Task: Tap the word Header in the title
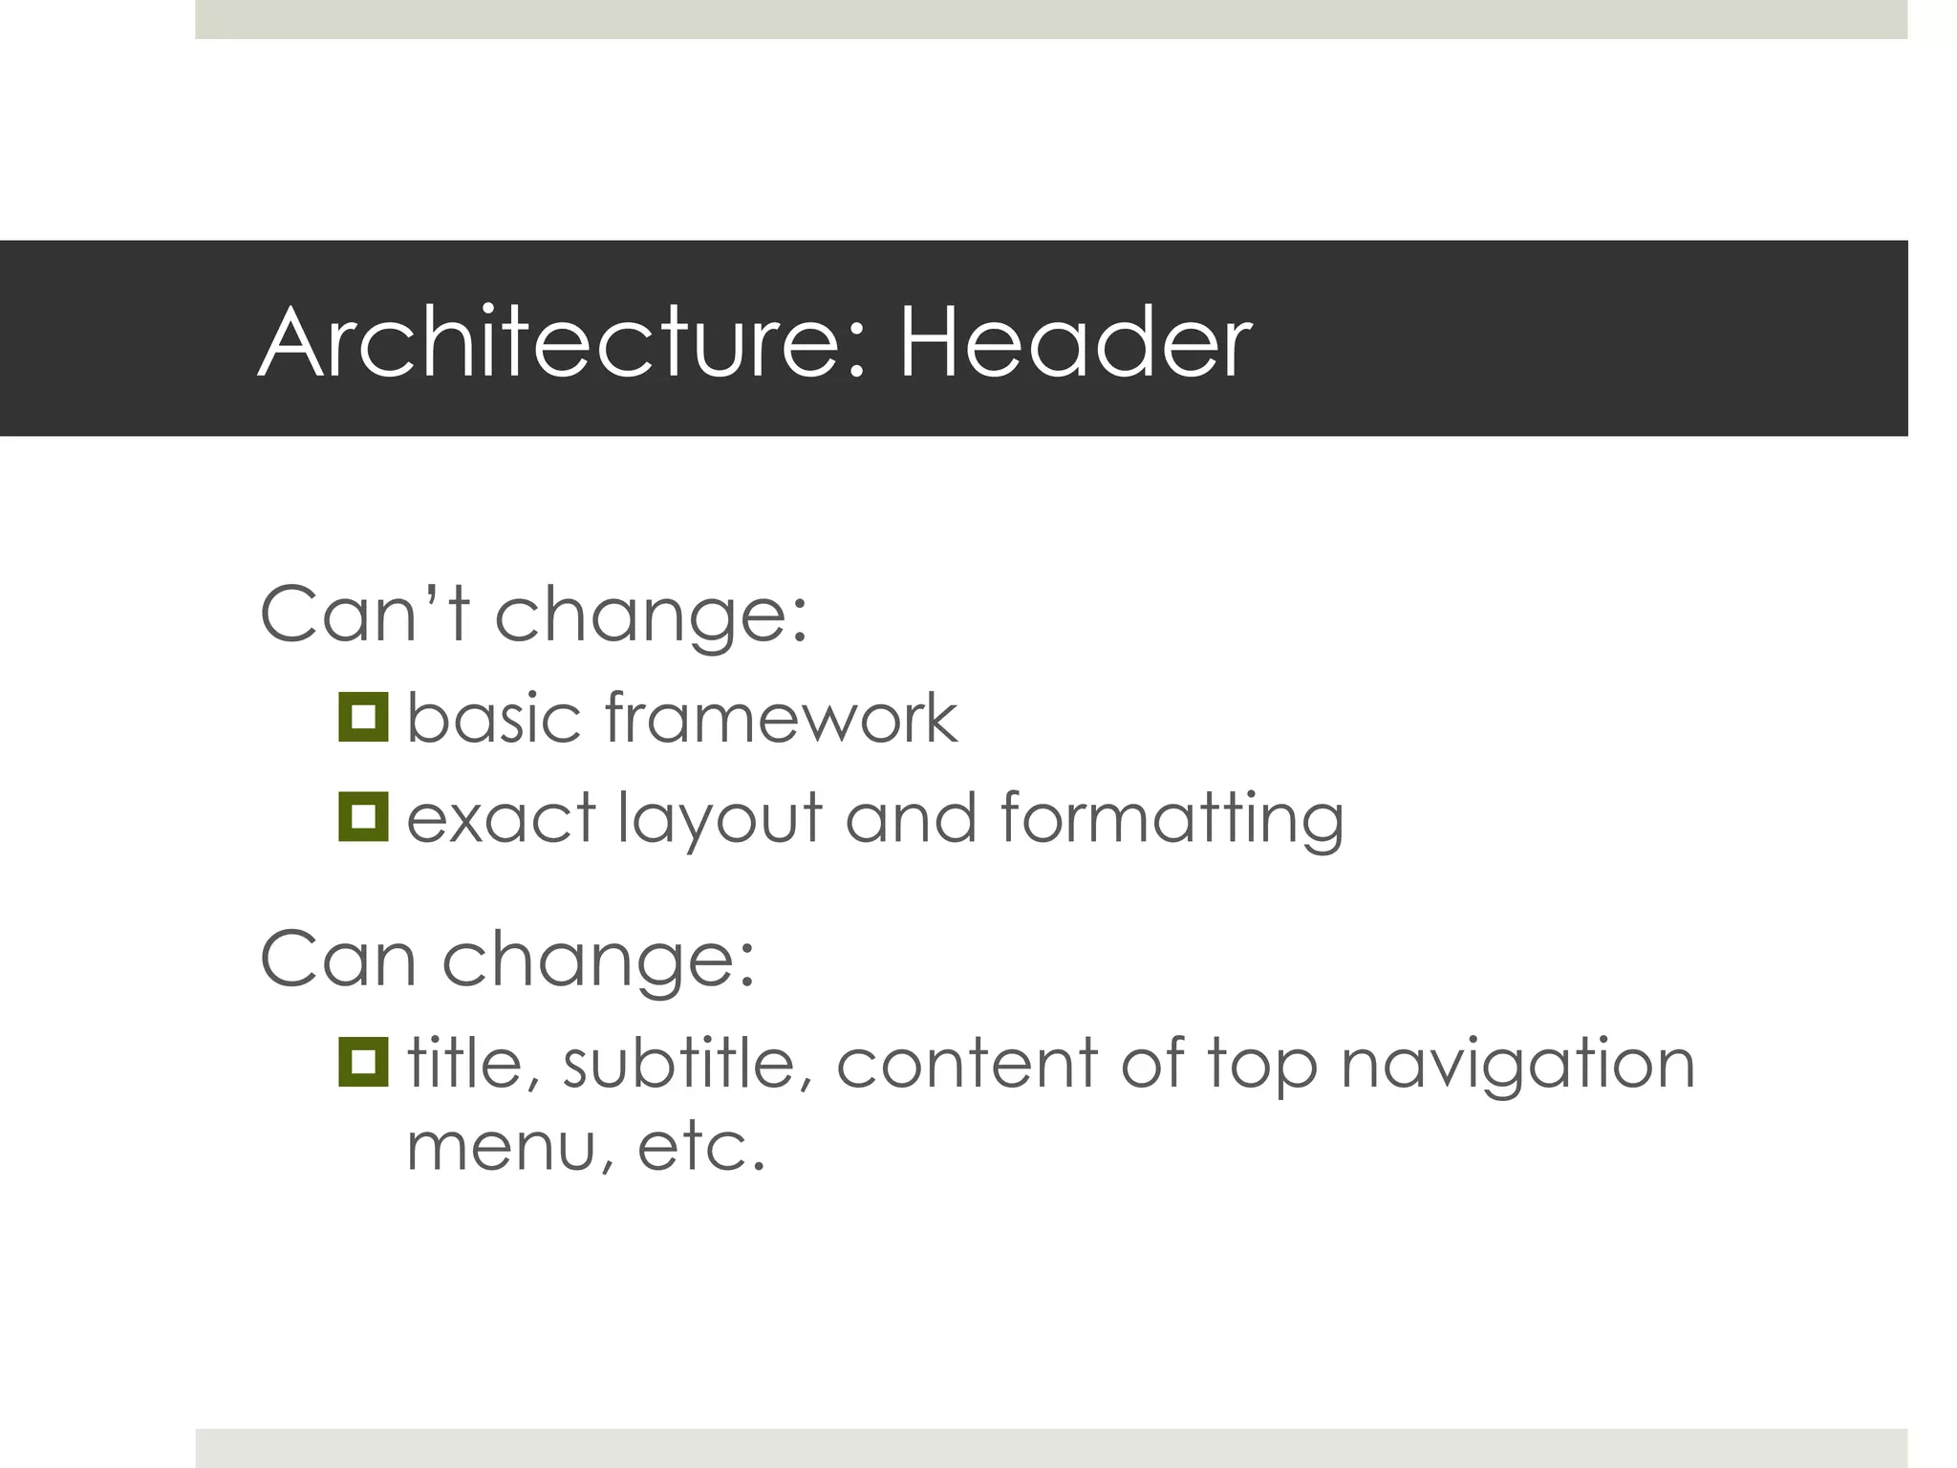[x=1075, y=342]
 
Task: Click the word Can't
[x=365, y=614]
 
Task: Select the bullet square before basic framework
[x=363, y=717]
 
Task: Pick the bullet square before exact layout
[x=363, y=817]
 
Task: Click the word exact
[x=502, y=819]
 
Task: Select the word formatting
[x=1172, y=819]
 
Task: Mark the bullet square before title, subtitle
[x=363, y=1062]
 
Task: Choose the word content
[x=966, y=1063]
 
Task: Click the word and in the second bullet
[x=911, y=819]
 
